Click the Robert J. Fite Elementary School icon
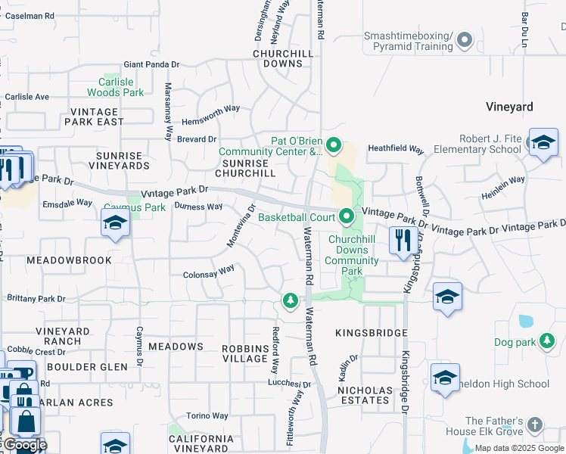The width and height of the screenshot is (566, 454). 543,143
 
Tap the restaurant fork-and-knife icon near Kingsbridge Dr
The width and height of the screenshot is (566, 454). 400,241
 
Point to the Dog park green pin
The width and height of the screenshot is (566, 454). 547,342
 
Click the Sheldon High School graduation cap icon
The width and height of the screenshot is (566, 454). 445,378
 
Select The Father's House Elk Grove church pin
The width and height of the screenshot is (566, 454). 536,424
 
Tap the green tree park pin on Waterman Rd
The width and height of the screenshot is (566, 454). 290,301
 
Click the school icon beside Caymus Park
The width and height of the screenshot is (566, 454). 114,222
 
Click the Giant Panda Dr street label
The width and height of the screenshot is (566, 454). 151,64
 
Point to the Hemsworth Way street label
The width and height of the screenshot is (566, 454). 210,109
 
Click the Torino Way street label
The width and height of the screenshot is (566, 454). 207,415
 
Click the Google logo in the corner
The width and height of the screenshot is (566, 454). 24,445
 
